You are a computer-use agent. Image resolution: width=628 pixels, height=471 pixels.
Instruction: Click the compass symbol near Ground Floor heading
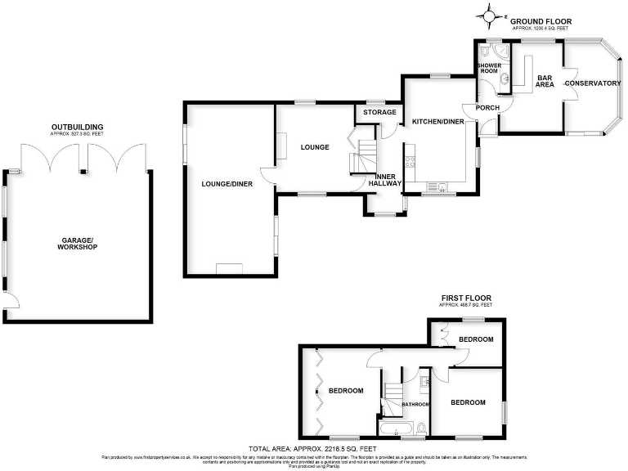click(490, 15)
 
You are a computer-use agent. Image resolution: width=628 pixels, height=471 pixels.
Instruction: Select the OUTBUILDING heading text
click(77, 127)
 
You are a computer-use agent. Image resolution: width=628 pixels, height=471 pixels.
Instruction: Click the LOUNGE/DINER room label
click(227, 184)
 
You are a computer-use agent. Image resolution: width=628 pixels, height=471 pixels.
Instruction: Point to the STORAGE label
click(380, 112)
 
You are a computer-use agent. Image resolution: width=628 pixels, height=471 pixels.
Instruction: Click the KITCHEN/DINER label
click(437, 122)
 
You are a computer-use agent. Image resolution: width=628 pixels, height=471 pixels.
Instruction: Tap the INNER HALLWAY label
click(385, 181)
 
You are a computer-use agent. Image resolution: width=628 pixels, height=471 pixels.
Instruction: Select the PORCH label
click(487, 108)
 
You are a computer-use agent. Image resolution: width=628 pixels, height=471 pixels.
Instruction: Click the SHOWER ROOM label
click(488, 68)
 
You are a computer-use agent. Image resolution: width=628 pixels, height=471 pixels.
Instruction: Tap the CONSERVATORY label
click(593, 83)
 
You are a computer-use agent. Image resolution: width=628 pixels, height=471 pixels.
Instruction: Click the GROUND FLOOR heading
click(541, 22)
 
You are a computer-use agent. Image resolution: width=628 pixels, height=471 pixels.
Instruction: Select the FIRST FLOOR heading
click(466, 298)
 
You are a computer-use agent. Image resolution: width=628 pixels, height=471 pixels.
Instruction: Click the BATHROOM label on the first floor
click(415, 404)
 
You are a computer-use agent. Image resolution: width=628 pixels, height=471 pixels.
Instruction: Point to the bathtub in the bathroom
click(399, 428)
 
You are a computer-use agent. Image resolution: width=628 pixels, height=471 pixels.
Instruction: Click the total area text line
click(313, 450)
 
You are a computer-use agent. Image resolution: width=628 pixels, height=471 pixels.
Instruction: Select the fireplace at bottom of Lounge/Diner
click(229, 268)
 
